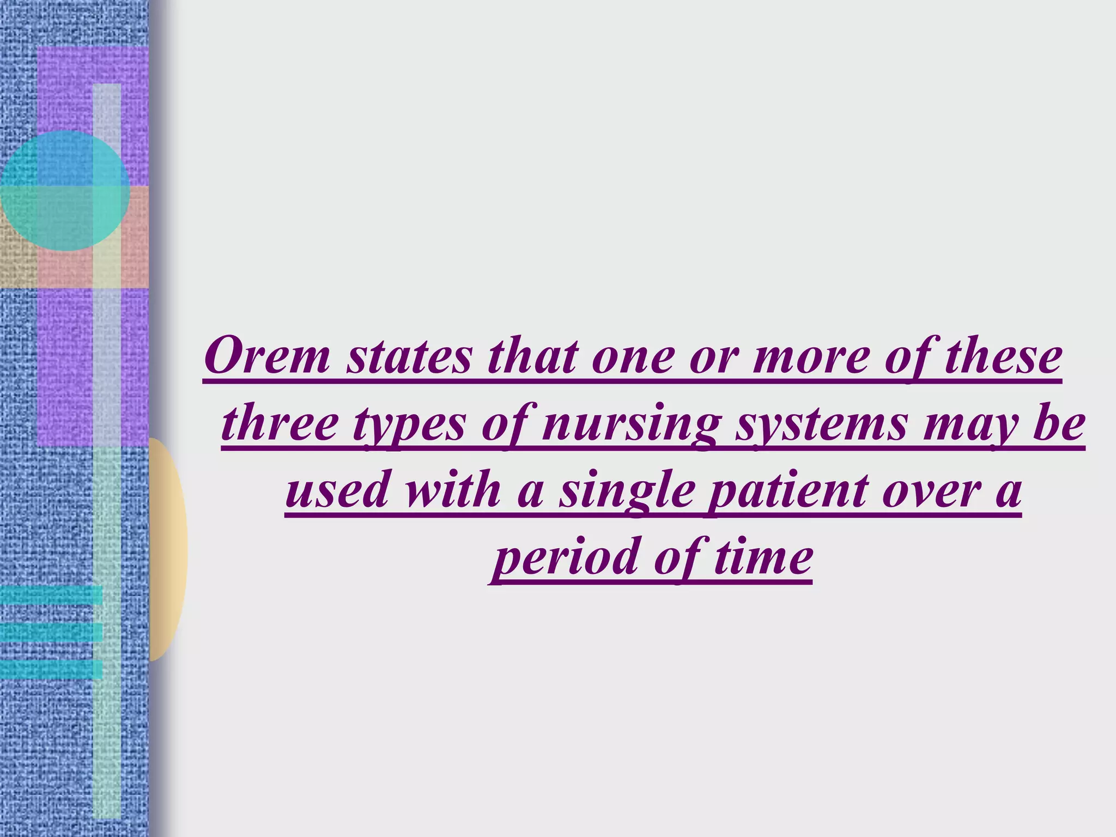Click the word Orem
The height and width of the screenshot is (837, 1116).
pos(267,357)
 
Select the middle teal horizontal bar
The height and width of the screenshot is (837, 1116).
pos(51,632)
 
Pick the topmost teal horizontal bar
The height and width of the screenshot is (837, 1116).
pos(51,595)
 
